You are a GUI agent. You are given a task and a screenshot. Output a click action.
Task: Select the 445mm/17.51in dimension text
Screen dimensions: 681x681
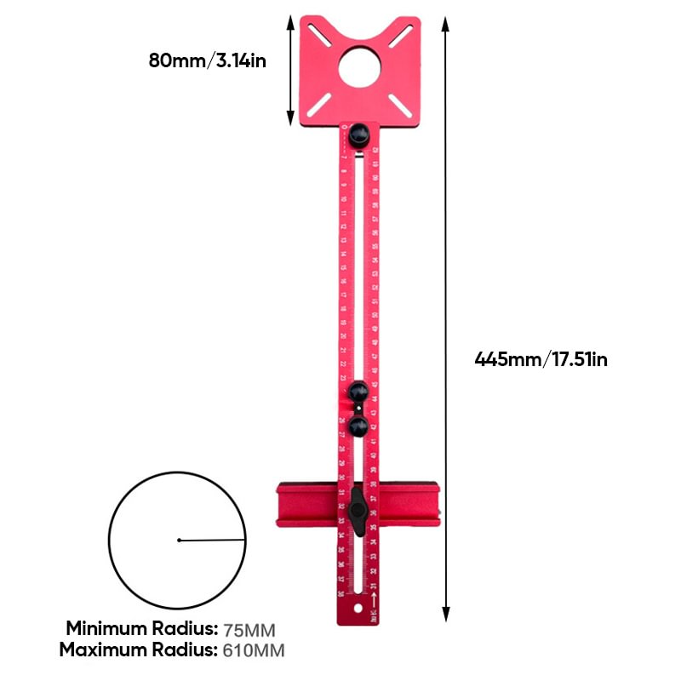tap(541, 359)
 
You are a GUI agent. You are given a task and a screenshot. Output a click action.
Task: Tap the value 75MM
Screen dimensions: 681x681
tap(249, 631)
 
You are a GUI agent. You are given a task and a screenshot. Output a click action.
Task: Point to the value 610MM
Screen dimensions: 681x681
tap(254, 651)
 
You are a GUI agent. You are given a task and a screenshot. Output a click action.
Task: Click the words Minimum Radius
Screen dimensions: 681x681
tap(142, 630)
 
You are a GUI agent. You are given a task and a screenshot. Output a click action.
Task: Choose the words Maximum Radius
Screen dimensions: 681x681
tap(139, 651)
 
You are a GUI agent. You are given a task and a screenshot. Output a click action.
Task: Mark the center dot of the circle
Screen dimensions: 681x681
tap(179, 540)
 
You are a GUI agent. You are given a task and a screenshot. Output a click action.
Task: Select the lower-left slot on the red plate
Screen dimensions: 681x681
tap(320, 105)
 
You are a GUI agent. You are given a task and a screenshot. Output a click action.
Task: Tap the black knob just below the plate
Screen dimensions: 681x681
tap(359, 134)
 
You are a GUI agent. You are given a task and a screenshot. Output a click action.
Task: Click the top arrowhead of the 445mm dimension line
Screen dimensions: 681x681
tap(445, 21)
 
